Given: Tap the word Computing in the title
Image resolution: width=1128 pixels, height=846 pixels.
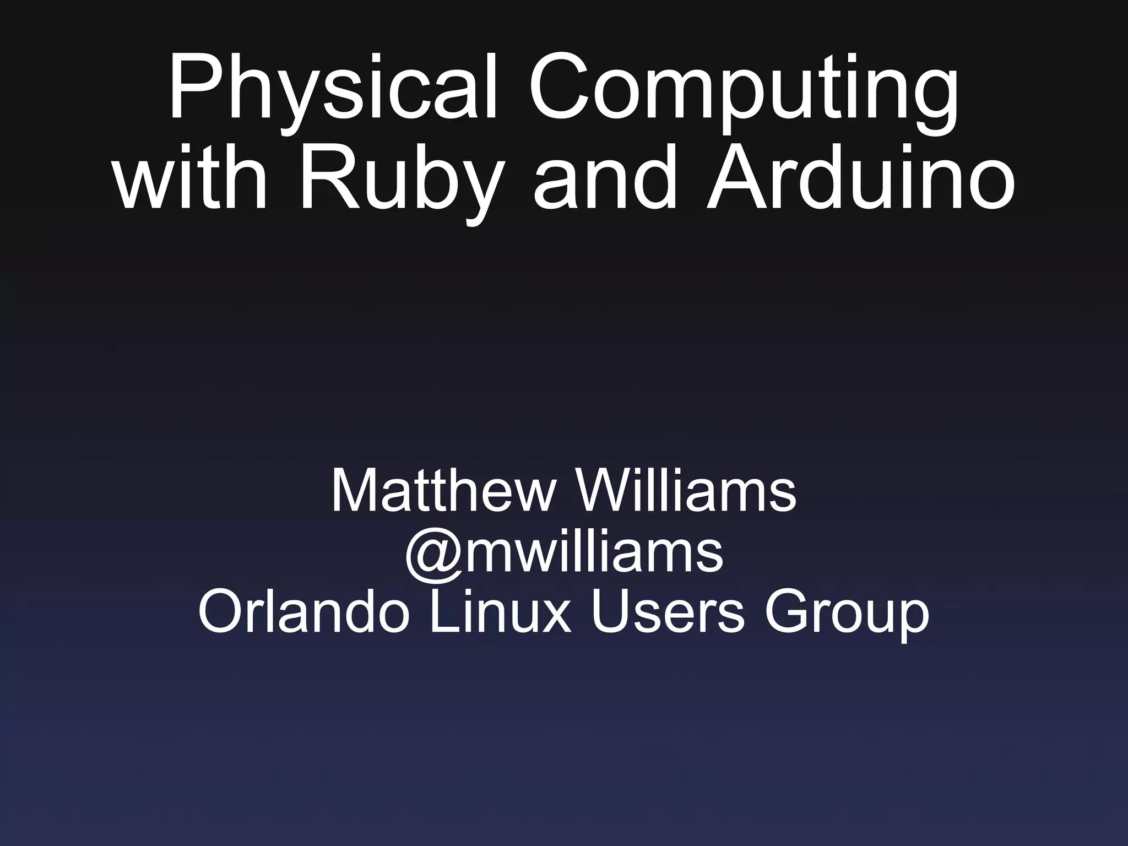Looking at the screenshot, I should pos(744,88).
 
